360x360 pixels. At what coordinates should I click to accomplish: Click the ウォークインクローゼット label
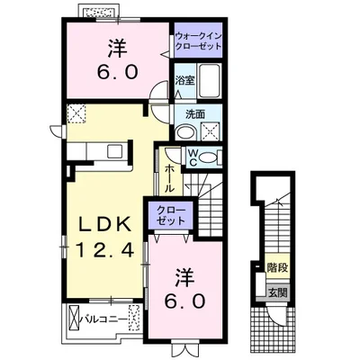198,41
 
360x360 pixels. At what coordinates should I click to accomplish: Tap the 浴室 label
185,80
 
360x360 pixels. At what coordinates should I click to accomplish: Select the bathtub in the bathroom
209,80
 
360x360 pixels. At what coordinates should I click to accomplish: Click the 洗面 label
195,114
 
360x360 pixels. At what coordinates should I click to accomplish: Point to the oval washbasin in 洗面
185,131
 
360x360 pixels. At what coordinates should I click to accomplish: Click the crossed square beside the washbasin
211,130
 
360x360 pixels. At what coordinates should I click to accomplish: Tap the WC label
193,157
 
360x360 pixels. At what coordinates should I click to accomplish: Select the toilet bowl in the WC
209,157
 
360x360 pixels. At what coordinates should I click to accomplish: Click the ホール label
169,179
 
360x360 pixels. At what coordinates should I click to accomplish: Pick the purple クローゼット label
171,215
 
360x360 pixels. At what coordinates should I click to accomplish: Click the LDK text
104,224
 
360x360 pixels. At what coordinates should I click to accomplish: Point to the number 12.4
104,250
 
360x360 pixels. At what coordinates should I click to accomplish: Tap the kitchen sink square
114,151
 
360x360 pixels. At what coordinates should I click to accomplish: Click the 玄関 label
277,292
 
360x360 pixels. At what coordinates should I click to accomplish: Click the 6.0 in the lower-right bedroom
184,301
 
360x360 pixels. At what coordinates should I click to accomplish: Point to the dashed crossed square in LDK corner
76,113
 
